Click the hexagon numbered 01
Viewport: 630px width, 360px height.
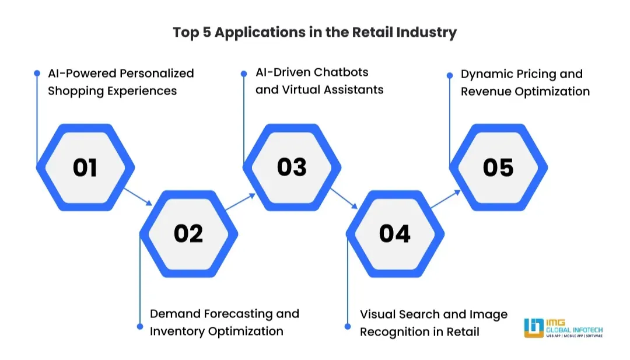pos(85,167)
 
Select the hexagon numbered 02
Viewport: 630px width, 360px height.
pos(188,233)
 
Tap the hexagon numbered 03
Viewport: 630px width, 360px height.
pos(292,167)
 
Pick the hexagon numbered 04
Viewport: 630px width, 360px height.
pos(395,233)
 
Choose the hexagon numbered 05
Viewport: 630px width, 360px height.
pos(498,167)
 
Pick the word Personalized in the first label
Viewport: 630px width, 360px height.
pos(157,74)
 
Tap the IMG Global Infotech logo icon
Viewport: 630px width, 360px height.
pos(533,328)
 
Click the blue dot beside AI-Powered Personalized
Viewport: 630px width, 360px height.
pos(37,74)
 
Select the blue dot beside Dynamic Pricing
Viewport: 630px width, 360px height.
pos(450,75)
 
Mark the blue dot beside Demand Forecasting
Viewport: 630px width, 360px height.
pos(140,327)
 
